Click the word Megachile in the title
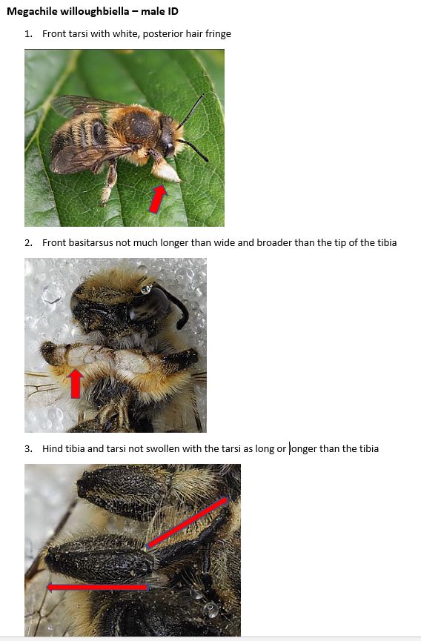tap(30, 11)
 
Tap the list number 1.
tap(27, 34)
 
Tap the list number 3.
tap(27, 448)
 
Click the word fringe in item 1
tap(217, 34)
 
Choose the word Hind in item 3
tap(53, 448)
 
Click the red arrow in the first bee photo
tap(157, 199)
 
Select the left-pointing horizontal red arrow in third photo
tap(96, 587)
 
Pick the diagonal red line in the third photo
tap(187, 522)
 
